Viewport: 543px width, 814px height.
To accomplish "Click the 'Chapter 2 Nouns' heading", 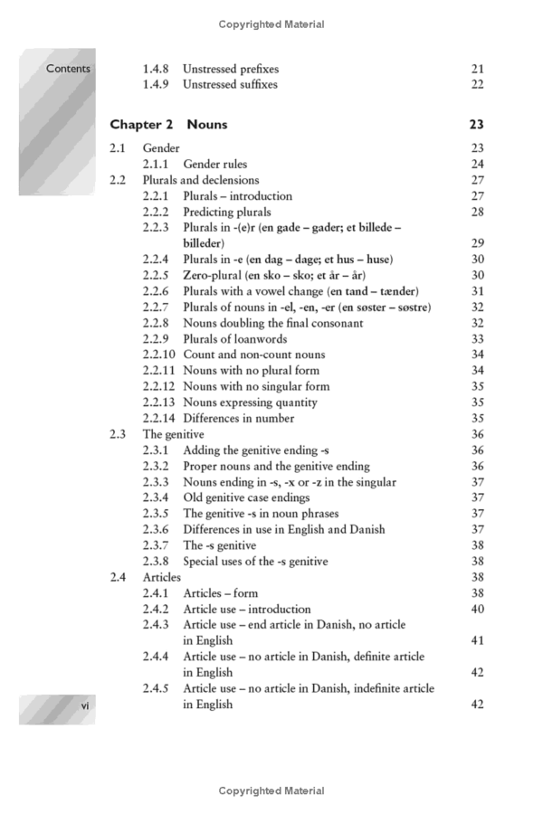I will tap(168, 125).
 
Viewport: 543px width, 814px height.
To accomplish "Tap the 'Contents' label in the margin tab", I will tap(69, 69).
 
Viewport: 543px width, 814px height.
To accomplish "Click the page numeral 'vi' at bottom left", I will tap(84, 705).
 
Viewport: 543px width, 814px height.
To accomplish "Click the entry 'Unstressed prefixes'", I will tap(231, 69).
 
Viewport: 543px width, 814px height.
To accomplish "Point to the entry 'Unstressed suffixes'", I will tap(230, 85).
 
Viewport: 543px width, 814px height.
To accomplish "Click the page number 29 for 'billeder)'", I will tap(477, 243).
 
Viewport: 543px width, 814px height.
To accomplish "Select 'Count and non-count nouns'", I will tap(253, 355).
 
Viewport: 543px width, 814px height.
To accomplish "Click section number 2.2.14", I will tap(161, 419).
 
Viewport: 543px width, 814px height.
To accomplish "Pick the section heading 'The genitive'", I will tap(173, 434).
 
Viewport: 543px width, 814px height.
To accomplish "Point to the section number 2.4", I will tap(117, 577).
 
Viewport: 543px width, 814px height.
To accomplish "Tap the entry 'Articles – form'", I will tap(220, 593).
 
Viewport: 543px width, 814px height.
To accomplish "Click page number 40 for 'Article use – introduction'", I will tap(477, 610).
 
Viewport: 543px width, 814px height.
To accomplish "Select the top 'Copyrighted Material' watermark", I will tap(271, 24).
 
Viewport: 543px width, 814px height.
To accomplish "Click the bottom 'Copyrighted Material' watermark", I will tap(271, 791).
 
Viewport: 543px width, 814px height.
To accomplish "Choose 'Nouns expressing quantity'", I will tap(250, 402).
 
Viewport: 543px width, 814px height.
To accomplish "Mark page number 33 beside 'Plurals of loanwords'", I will tap(477, 339).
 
